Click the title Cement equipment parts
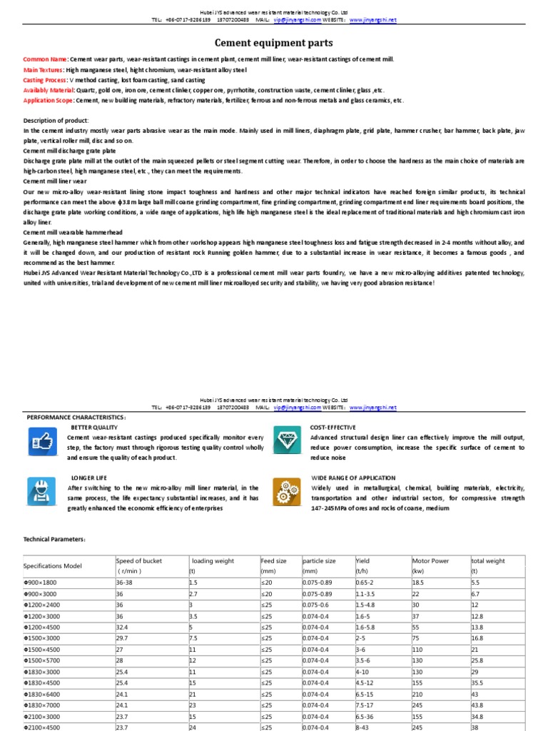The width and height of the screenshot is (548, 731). pos(274,44)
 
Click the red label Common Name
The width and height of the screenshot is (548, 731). pos(45,59)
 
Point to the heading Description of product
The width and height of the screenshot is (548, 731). pos(56,121)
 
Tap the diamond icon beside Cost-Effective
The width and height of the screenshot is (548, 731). pos(287,441)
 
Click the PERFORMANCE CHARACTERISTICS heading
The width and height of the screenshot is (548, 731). pos(76,417)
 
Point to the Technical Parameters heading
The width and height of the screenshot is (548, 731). pos(55,540)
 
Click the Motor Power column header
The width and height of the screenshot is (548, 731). pos(430,561)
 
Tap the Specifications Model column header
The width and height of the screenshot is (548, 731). pos(53,565)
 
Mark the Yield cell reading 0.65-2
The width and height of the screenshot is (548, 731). pos(364,583)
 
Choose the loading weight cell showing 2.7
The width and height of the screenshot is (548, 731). pos(193,594)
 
